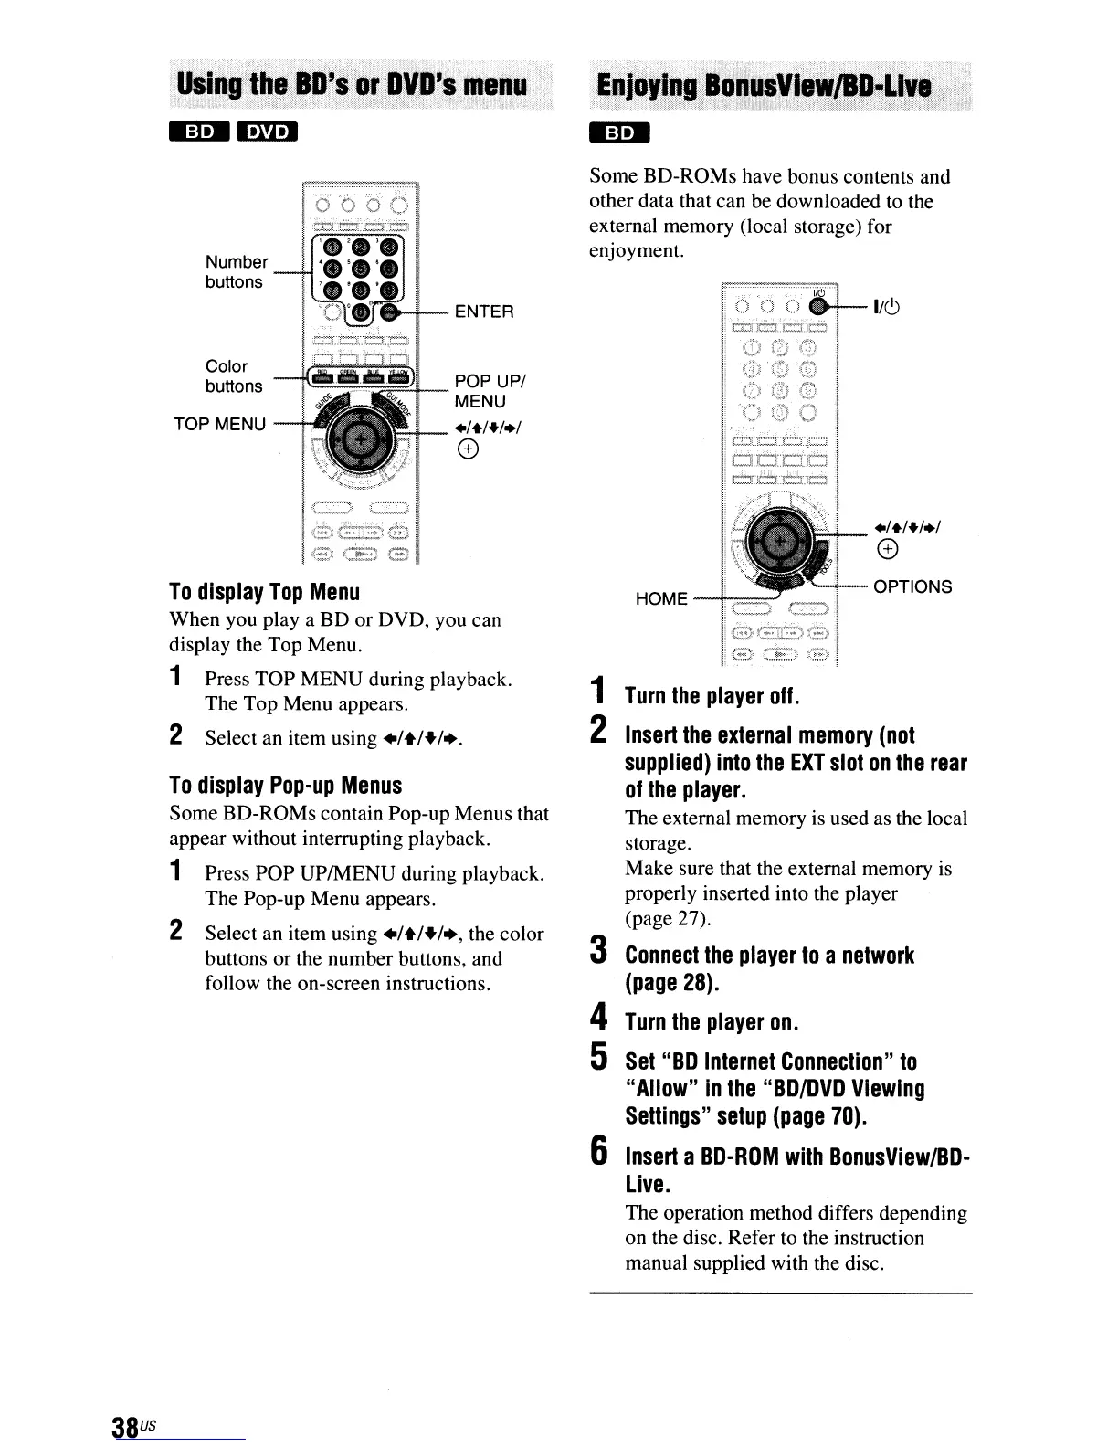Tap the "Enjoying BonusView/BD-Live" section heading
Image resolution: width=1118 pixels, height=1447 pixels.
[x=762, y=86]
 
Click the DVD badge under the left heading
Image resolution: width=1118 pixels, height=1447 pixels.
[x=263, y=132]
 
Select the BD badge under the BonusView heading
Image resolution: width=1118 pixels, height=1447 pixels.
[x=619, y=132]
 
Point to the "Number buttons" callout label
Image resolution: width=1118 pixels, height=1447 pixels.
[x=236, y=272]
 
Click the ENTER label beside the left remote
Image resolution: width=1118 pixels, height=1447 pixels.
[x=484, y=312]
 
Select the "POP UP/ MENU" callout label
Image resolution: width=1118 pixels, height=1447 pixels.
[x=480, y=391]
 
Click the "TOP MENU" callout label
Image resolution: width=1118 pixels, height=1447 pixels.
[x=220, y=424]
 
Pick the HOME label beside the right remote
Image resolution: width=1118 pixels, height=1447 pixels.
[x=662, y=598]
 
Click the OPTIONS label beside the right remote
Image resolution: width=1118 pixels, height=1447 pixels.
[x=912, y=586]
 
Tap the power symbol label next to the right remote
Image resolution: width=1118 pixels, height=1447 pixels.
[x=888, y=307]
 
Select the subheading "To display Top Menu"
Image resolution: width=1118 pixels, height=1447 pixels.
[x=265, y=591]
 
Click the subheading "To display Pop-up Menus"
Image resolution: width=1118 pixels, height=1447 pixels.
[x=286, y=786]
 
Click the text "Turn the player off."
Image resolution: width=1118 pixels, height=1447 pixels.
[x=712, y=697]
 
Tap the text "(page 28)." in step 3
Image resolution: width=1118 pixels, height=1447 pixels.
[x=672, y=983]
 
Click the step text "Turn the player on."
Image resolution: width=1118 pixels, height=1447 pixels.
[x=712, y=1021]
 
